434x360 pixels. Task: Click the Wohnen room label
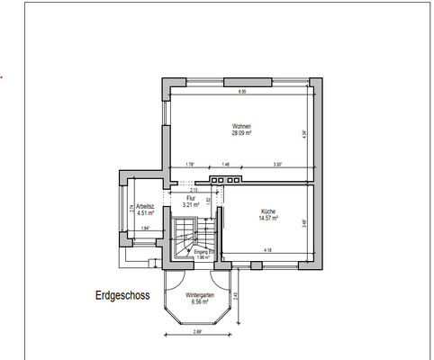pos(241,125)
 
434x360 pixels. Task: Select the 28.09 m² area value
pos(241,132)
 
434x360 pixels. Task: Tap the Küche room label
pos(268,211)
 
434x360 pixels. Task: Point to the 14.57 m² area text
pos(268,218)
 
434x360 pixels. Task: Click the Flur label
pos(190,198)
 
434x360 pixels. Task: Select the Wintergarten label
pos(199,295)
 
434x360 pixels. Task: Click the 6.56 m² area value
pos(199,302)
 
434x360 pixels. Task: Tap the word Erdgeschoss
pos(122,294)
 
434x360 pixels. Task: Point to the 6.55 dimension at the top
pos(241,93)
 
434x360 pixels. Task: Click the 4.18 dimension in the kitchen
pos(267,249)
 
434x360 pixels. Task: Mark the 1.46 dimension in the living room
pos(225,165)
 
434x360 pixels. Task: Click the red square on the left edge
pos(3,78)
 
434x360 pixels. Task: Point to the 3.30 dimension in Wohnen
pos(278,165)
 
